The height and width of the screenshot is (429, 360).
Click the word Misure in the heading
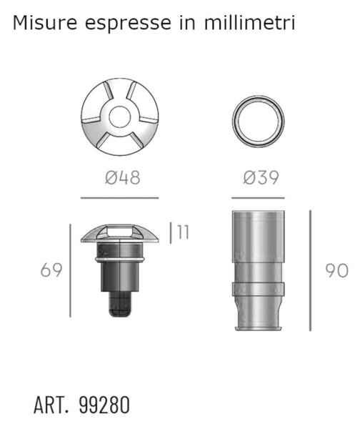pyautogui.click(x=45, y=22)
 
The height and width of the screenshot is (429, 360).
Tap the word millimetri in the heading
pyautogui.click(x=249, y=22)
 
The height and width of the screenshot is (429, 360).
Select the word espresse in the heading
pyautogui.click(x=128, y=24)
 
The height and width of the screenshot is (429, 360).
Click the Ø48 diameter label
pyautogui.click(x=122, y=177)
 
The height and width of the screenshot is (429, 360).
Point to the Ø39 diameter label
pyautogui.click(x=261, y=177)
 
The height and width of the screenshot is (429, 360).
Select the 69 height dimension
pyautogui.click(x=51, y=270)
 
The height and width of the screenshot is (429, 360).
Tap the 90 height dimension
pyautogui.click(x=336, y=270)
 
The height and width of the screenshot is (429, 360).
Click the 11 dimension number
pyautogui.click(x=183, y=232)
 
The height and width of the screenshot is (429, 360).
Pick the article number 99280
pyautogui.click(x=104, y=405)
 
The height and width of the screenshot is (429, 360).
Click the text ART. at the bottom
pyautogui.click(x=51, y=405)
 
